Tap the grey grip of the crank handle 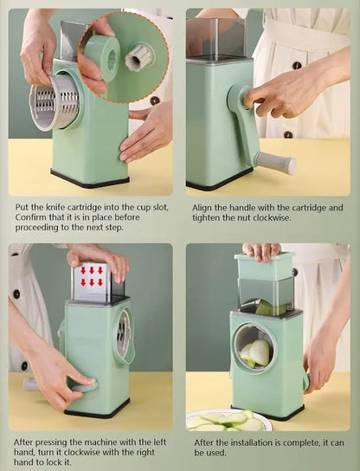pos(277,163)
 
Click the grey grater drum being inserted pos(54,103)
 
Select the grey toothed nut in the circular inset pos(138,57)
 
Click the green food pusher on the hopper pos(264,265)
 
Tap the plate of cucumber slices pos(228,420)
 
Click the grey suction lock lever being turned pos(85,387)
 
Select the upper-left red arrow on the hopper pos(83,270)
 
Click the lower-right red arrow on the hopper pos(100,282)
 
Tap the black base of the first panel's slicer pos(90,178)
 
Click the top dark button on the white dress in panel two pos(297,66)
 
